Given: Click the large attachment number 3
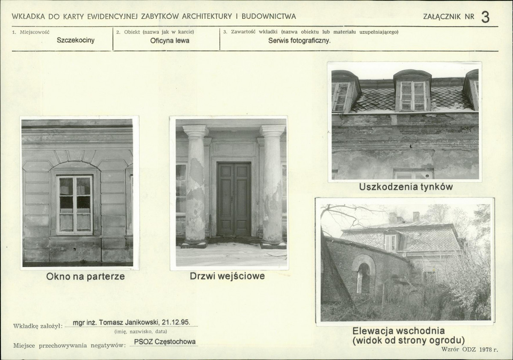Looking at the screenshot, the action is coord(485,17).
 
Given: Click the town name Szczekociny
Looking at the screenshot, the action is coord(76,40).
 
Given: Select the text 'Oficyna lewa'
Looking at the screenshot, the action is coord(170,41).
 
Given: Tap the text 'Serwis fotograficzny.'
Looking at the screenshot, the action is coord(299,41).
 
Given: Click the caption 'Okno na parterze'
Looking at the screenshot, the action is coord(86,277).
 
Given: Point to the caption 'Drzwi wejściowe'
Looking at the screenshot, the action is coord(227,276).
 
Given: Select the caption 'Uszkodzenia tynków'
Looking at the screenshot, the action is coord(406,187).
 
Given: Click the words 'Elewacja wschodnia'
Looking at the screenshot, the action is coord(398,331).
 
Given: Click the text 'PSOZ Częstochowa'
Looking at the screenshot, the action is coord(165,342).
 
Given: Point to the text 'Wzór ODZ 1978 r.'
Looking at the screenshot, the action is coord(469,350).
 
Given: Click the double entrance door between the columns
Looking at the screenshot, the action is coord(234,199).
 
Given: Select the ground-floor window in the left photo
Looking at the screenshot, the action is coord(75,205).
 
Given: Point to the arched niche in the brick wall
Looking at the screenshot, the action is coord(363,274).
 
